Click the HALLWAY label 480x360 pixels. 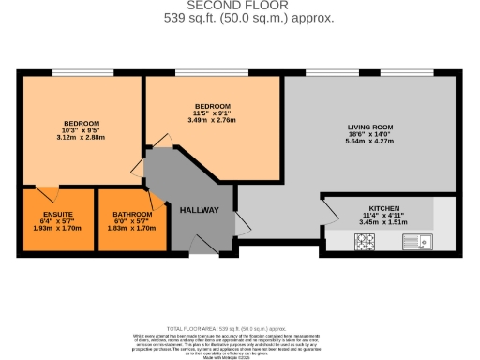point(199,210)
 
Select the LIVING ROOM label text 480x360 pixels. point(369,127)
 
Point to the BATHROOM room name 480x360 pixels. point(132,214)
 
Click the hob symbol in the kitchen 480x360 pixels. point(364,242)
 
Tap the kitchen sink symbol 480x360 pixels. point(416,242)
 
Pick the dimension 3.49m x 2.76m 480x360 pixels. point(212,120)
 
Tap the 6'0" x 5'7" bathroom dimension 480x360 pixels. point(132,221)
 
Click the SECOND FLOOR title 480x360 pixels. point(240,6)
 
